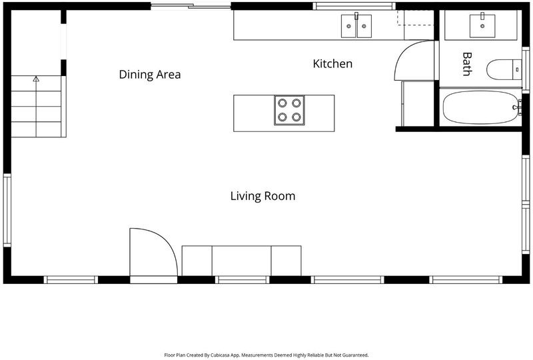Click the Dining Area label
pos(149,74)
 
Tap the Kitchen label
pos(332,63)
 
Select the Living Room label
pos(263,196)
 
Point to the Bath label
pos(467,63)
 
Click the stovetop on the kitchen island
pos(289,110)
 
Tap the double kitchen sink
pos(356,26)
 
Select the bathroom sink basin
pos(482,25)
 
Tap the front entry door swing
pos(154,252)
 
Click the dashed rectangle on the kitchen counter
pos(416,17)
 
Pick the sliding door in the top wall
pos(191,6)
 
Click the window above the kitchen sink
pos(354,6)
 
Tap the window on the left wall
pos(7,210)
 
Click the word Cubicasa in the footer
pos(219,355)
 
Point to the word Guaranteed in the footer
pos(354,355)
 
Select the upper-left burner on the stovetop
pos(282,103)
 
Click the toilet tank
pos(517,69)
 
